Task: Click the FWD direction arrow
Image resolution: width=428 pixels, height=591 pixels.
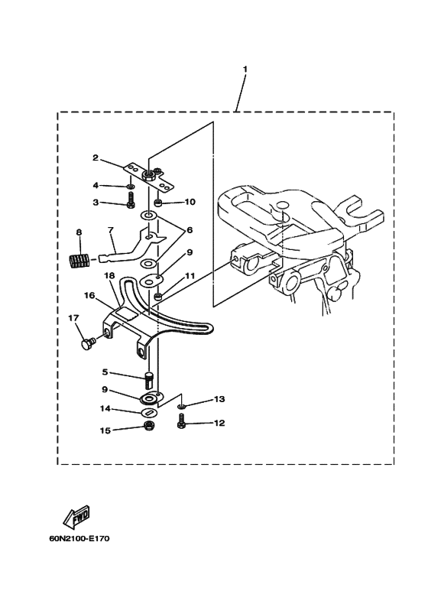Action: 76,516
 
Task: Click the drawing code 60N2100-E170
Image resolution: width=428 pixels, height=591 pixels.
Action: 79,538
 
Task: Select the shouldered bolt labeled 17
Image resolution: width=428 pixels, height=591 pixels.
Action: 89,343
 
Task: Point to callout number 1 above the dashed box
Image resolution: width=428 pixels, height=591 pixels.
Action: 245,70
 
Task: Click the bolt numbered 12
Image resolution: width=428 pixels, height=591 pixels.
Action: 181,421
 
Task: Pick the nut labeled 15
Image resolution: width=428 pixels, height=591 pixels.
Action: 149,427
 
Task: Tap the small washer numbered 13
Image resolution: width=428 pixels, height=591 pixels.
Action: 182,406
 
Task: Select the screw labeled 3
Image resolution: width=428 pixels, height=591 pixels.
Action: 131,199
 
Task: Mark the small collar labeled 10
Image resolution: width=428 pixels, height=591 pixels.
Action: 159,203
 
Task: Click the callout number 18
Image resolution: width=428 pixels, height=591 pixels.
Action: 109,276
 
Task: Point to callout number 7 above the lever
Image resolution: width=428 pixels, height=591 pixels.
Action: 110,229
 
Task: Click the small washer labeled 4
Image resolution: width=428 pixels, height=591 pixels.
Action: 131,187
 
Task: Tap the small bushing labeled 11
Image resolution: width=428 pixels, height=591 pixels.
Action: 159,297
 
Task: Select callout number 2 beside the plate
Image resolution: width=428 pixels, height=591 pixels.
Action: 96,157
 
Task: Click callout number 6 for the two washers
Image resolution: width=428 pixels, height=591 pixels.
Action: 189,229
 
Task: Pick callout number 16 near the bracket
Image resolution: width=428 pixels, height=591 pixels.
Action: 89,295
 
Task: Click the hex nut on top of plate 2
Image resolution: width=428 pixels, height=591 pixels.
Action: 148,175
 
